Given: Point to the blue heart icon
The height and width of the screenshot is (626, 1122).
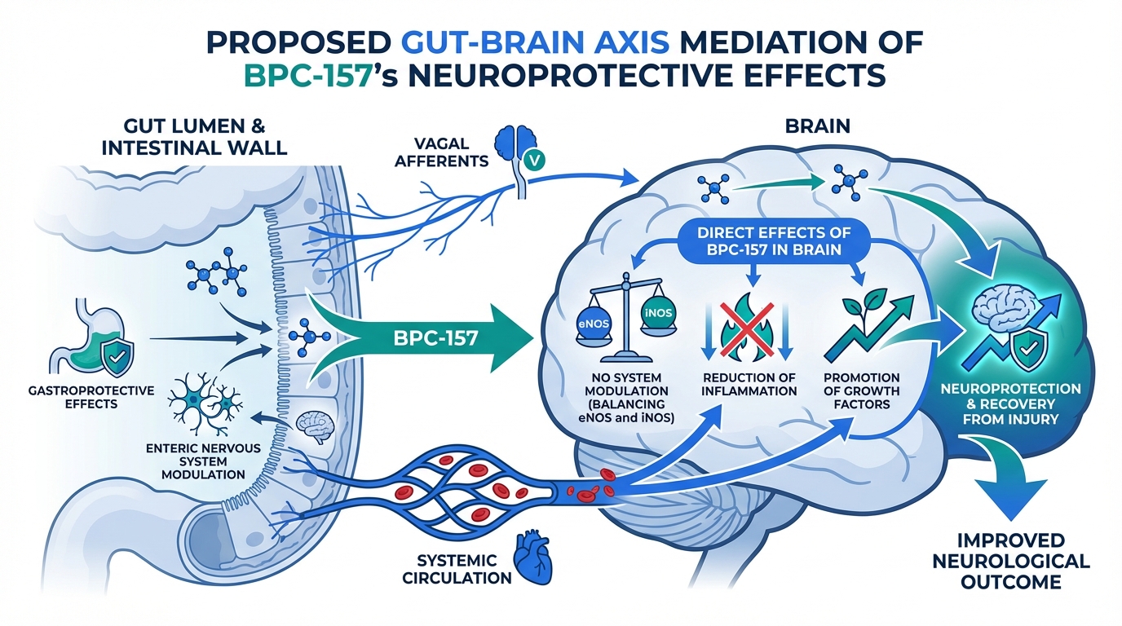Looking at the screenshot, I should point(531,561).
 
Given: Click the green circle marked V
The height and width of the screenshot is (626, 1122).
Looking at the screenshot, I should point(534,160).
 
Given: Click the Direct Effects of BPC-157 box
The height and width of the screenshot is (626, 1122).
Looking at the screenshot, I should point(768,241).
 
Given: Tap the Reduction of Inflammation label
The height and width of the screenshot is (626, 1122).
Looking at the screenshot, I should point(749,383).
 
